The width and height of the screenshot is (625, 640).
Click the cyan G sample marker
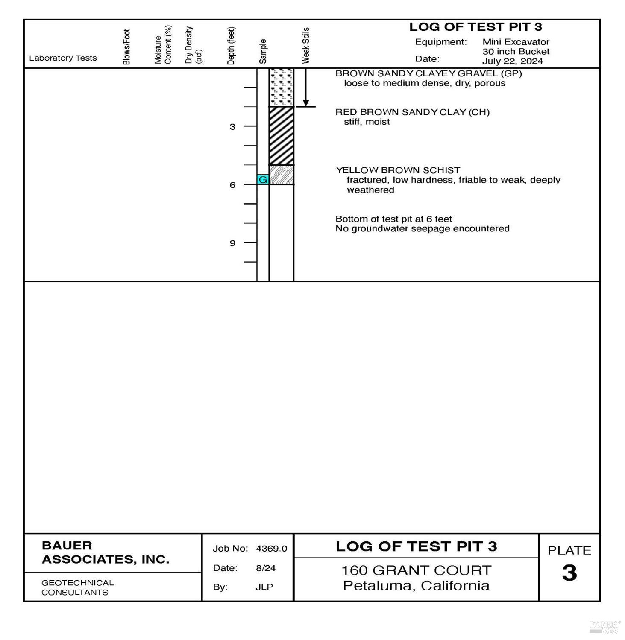pyautogui.click(x=263, y=180)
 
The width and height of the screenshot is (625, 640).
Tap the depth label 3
pyautogui.click(x=232, y=127)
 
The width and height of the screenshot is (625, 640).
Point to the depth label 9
pyautogui.click(x=232, y=243)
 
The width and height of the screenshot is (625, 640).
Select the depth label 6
pyautogui.click(x=232, y=185)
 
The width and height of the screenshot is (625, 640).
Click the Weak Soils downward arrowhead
pyautogui.click(x=306, y=103)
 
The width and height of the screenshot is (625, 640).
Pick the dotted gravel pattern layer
pyautogui.click(x=281, y=88)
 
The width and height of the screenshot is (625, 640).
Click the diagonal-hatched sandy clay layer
pyautogui.click(x=281, y=136)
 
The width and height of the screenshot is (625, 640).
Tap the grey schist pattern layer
pyautogui.click(x=281, y=175)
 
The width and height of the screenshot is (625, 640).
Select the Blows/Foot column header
pyautogui.click(x=126, y=47)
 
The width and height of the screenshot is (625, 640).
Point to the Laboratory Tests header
pyautogui.click(x=63, y=58)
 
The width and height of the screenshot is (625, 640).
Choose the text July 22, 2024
pyautogui.click(x=512, y=61)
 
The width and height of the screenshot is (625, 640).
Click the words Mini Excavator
pyautogui.click(x=516, y=42)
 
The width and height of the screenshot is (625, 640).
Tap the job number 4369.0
pyautogui.click(x=271, y=549)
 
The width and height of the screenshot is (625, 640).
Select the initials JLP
pyautogui.click(x=264, y=587)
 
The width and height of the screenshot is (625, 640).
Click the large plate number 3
pyautogui.click(x=569, y=573)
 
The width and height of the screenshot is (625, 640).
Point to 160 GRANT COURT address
pyautogui.click(x=416, y=570)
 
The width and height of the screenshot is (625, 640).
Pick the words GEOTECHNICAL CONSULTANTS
pyautogui.click(x=77, y=587)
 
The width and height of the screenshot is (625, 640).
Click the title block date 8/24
pyautogui.click(x=265, y=568)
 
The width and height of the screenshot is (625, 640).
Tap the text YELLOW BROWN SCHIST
pyautogui.click(x=398, y=170)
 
